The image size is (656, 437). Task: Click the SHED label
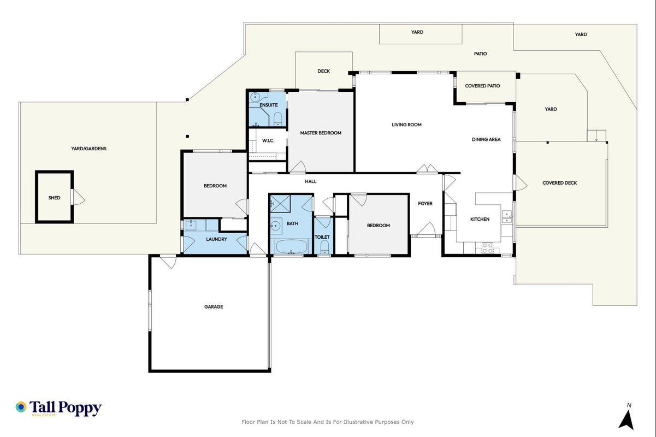(54, 198)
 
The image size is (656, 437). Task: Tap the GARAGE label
(214, 306)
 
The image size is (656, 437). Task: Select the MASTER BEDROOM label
(321, 133)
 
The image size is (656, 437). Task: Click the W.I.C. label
(268, 140)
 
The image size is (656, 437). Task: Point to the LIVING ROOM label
(406, 125)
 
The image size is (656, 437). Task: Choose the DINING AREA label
(486, 139)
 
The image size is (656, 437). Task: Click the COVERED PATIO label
(482, 86)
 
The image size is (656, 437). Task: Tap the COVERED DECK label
(559, 183)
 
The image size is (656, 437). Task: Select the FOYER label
(425, 203)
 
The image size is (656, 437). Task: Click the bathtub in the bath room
(291, 246)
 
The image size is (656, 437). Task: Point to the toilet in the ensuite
(277, 119)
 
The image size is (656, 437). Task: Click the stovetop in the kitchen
(487, 248)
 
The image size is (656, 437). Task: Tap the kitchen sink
(507, 217)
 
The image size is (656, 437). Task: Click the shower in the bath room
(280, 203)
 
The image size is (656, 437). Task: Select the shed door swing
(79, 197)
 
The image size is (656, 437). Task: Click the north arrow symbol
(627, 420)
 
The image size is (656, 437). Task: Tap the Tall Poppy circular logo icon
(21, 407)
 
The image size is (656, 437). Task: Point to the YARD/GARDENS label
(88, 149)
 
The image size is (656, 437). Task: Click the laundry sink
(191, 225)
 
